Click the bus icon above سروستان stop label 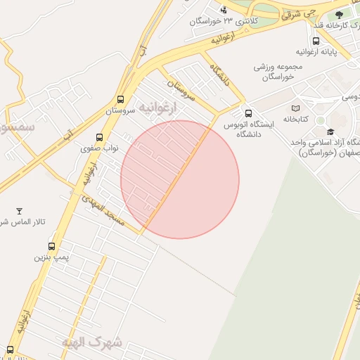pos(120,100)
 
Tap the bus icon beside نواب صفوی pos(98,138)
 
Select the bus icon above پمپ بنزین pos(51,246)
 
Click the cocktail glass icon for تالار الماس pos(19,211)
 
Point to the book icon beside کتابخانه pos(295,108)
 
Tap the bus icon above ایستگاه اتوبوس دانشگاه pos(247,113)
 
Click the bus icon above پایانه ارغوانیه pos(316,41)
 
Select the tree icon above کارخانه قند pos(340,14)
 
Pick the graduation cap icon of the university pos(330,131)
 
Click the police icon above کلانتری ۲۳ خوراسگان pos(224,10)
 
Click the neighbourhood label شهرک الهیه pos(91,342)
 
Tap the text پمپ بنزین pos(53,257)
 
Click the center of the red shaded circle pos(180,179)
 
